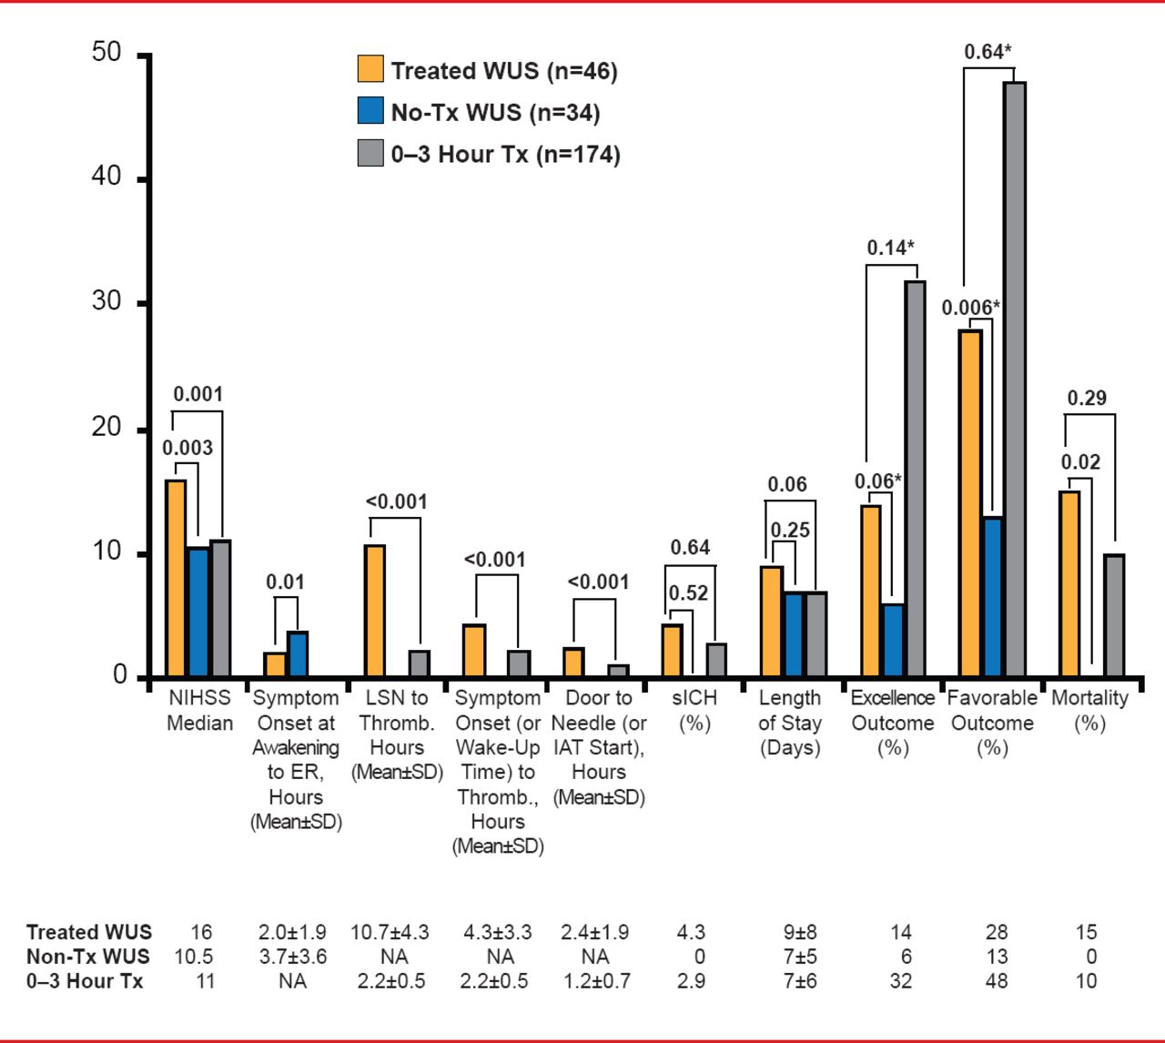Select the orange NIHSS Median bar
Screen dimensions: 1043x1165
click(176, 578)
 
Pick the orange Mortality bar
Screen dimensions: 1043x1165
click(1069, 583)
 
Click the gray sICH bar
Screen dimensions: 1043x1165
click(716, 660)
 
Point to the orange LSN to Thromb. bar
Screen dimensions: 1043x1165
click(374, 611)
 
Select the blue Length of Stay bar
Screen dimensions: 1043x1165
click(794, 634)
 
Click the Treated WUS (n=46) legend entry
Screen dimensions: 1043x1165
click(487, 71)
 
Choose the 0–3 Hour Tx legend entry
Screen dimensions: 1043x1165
click(489, 154)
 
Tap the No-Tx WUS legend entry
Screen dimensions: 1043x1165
click(479, 113)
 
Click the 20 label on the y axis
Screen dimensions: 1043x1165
click(106, 427)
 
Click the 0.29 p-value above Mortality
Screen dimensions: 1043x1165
click(1087, 398)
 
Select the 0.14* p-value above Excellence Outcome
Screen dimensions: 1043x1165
click(890, 248)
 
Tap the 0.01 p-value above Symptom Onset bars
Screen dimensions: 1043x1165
click(285, 582)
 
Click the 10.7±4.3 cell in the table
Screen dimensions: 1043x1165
click(390, 932)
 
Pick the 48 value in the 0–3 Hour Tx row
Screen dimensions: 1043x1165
click(997, 981)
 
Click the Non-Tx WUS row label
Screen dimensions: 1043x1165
click(88, 957)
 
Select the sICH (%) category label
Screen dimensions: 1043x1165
click(694, 711)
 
